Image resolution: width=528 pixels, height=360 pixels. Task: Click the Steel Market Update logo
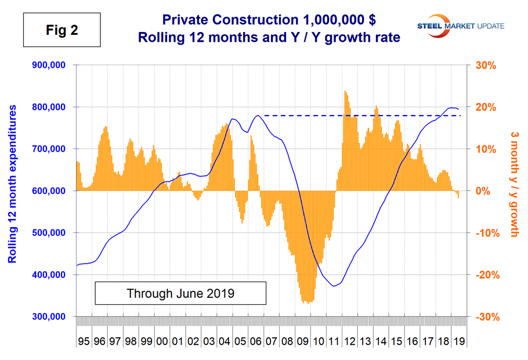(x=458, y=26)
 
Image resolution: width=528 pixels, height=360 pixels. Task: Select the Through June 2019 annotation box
(x=180, y=293)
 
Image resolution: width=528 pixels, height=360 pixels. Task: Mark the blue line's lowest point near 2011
(x=334, y=286)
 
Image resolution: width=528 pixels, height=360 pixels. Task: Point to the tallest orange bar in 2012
(x=345, y=92)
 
